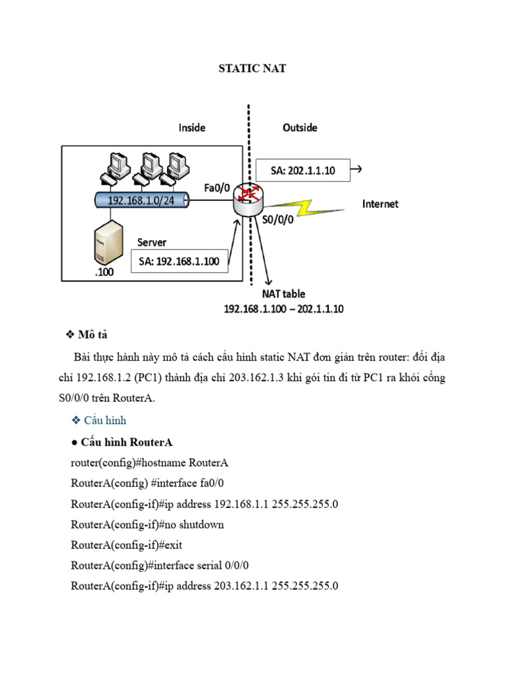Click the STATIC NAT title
tap(252, 68)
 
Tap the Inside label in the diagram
tap(192, 128)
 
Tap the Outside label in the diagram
tap(300, 128)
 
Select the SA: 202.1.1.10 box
tap(303, 170)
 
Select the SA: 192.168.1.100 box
tap(180, 261)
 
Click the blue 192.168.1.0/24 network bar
tap(141, 201)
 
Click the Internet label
tap(380, 204)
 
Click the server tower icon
tap(108, 242)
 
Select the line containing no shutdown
tap(147, 525)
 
